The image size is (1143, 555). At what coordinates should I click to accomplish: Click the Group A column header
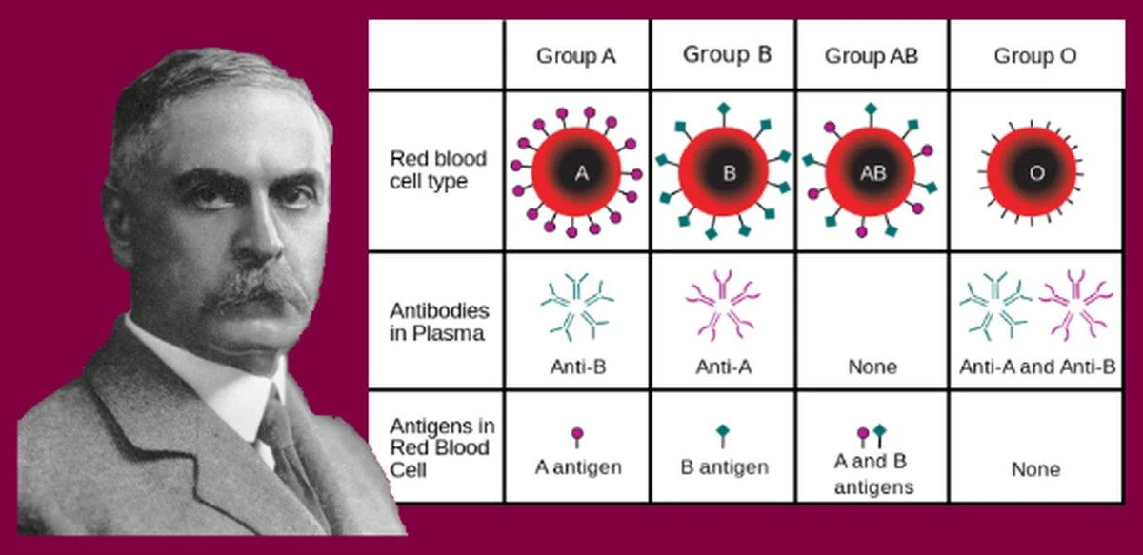[x=576, y=55]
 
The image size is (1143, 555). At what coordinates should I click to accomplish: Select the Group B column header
[x=727, y=54]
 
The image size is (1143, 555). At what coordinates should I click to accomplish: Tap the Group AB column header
[x=872, y=55]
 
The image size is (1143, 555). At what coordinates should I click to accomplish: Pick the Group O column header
[x=1035, y=55]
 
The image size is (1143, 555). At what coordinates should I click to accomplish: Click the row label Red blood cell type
[x=438, y=169]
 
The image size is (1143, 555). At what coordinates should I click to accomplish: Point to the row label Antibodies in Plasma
[x=439, y=322]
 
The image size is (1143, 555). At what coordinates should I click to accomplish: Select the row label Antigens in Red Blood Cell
[x=442, y=447]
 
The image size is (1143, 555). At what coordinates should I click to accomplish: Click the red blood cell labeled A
[x=576, y=172]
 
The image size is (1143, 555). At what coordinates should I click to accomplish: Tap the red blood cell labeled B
[x=723, y=172]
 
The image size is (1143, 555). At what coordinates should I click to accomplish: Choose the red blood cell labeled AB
[x=870, y=172]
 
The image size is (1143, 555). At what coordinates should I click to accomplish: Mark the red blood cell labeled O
[x=1032, y=172]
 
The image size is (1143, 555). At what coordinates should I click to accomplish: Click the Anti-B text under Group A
[x=578, y=367]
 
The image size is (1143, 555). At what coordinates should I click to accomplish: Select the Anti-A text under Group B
[x=724, y=367]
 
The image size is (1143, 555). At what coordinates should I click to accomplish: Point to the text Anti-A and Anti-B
[x=1037, y=367]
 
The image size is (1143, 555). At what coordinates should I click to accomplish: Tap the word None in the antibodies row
[x=872, y=367]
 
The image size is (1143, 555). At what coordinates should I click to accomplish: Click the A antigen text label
[x=578, y=466]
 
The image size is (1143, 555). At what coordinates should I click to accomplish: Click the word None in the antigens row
[x=1036, y=468]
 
